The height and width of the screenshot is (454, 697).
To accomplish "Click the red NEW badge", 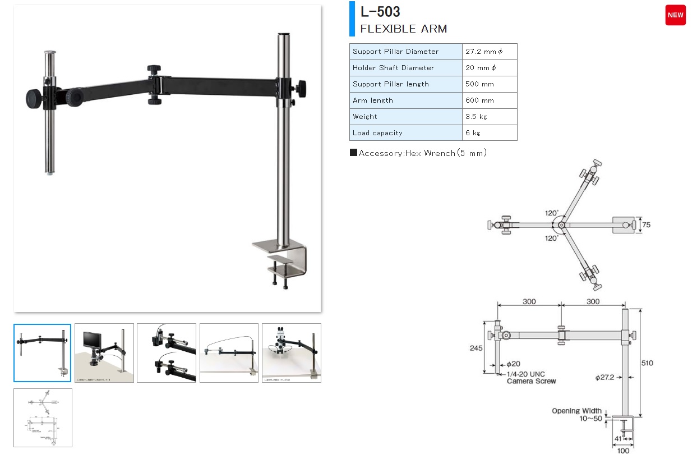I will point(675,15).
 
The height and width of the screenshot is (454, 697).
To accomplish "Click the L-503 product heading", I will point(380,12).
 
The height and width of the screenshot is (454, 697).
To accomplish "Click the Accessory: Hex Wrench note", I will point(418,153).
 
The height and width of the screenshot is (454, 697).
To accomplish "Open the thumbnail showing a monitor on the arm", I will point(104,353).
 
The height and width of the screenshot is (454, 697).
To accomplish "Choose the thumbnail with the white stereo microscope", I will point(291,353).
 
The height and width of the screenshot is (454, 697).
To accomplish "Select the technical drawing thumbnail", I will point(43,418).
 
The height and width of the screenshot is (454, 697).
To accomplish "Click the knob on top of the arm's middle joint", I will point(154,69).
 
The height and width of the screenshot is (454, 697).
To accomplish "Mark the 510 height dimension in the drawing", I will point(647,363).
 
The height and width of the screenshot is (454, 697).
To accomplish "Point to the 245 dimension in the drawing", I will point(476,348).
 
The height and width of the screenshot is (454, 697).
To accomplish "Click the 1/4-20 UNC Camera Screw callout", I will point(530,378).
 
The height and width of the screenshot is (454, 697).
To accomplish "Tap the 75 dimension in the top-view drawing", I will point(646,225).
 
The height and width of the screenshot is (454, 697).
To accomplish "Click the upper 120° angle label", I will point(552,213).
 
